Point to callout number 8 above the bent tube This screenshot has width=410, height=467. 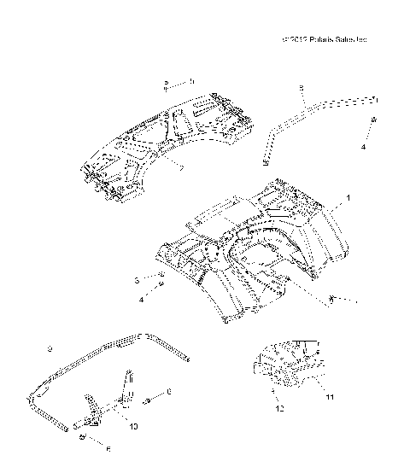coord(301,87)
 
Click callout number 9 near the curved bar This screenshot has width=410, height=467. coord(50,349)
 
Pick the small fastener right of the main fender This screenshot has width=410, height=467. coord(333,298)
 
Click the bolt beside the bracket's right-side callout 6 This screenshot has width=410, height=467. coord(150,400)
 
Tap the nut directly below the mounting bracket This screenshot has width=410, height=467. coord(82,436)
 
